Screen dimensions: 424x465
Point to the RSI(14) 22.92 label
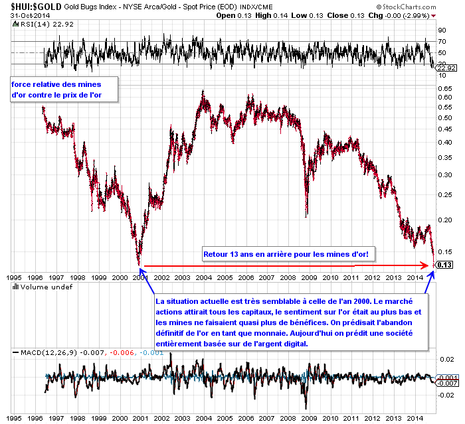point(31,24)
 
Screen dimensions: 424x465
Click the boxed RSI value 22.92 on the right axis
point(444,68)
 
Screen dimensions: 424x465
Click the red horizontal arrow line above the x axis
point(286,266)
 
